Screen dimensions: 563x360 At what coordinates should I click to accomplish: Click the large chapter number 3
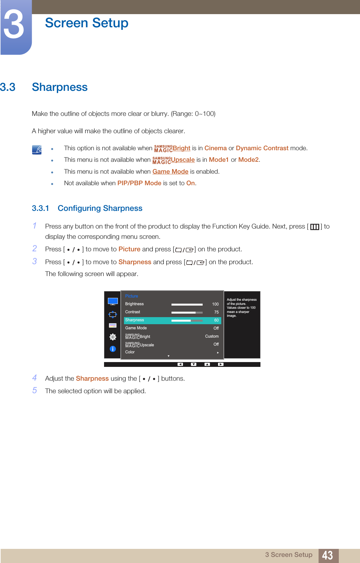coord(14,25)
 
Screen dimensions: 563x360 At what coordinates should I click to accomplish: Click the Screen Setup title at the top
coord(86,23)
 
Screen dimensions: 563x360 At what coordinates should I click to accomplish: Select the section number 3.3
coord(8,87)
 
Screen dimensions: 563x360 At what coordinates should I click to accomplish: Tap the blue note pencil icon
coord(37,150)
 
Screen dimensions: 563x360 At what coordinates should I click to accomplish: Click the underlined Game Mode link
coord(170,172)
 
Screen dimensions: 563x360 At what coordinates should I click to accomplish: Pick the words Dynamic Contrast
coord(262,148)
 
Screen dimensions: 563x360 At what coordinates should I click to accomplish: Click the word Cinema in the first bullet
coord(215,148)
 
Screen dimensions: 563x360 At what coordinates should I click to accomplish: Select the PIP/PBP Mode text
coord(139,183)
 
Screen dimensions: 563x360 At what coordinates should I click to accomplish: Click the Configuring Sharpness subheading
coord(100,209)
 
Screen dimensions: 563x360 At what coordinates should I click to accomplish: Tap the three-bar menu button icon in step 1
coord(314,227)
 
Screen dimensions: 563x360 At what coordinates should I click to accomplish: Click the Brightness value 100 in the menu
coord(215,304)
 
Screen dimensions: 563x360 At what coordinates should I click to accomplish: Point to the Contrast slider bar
coord(187,312)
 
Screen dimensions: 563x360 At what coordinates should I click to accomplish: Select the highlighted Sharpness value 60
coord(216,320)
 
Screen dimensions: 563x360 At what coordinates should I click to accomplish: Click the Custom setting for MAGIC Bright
coord(212,336)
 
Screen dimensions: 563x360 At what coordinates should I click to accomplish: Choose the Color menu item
coord(130,352)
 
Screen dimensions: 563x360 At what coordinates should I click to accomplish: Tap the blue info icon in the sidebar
coord(113,349)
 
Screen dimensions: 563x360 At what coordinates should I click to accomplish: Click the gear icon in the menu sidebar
coord(113,337)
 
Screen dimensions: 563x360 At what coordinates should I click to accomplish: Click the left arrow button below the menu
coord(180,364)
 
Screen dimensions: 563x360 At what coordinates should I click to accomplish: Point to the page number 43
coord(327,555)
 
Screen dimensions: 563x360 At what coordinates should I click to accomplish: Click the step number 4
coord(35,378)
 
